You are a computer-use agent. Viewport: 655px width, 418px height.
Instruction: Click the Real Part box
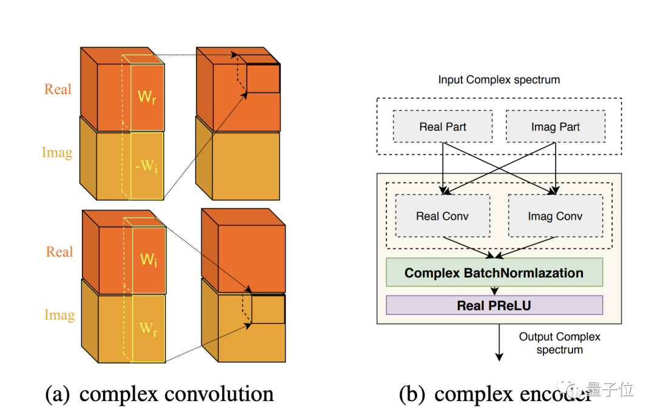(x=442, y=127)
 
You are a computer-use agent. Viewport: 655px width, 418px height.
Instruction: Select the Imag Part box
(x=555, y=127)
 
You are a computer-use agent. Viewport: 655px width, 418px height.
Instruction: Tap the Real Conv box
(x=442, y=216)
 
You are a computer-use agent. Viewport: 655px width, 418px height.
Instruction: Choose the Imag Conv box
(x=555, y=216)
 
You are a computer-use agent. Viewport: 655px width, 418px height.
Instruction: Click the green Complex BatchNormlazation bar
(x=494, y=272)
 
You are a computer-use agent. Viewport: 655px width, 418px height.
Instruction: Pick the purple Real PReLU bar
(x=494, y=305)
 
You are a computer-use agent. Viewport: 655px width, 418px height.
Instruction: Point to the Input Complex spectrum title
(x=499, y=79)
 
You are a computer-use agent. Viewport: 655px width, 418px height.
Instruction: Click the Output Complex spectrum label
(x=559, y=343)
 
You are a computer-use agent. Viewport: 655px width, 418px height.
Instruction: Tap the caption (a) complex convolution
(x=160, y=394)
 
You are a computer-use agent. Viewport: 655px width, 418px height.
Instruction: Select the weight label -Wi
(x=147, y=165)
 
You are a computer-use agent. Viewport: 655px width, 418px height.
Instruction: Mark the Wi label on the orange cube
(x=149, y=260)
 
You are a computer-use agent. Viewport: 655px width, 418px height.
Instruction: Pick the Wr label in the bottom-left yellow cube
(x=149, y=328)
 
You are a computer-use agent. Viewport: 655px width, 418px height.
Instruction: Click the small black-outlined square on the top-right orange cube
(x=263, y=78)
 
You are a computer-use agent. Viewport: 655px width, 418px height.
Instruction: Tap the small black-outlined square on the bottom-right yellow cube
(x=267, y=309)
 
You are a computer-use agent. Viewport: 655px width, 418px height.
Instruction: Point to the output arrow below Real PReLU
(x=499, y=343)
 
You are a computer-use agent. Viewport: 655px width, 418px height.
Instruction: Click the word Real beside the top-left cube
(x=58, y=89)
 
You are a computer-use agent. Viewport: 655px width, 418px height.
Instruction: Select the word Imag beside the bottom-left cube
(x=59, y=315)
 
